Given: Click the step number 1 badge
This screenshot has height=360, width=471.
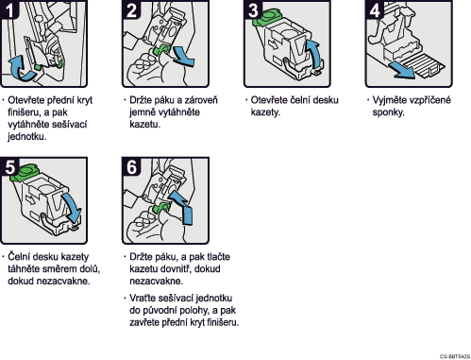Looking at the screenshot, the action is pos(8,9).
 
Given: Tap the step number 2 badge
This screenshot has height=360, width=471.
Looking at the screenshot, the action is pos(131,9).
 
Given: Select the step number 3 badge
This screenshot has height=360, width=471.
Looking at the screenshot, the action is pos(253,9).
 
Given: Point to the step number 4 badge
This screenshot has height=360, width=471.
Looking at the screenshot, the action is pos(375,9).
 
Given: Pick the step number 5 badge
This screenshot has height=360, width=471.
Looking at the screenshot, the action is pos(9,166).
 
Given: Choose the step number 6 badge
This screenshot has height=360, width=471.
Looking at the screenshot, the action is pos(131,166).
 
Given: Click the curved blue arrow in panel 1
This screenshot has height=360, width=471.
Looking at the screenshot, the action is pos(22,70).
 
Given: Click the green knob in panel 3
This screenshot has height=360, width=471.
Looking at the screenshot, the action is pos(266,17).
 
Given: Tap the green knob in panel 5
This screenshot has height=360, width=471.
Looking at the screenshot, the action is pos(25,172).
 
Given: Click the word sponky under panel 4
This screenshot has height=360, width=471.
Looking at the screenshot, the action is pos(388,112).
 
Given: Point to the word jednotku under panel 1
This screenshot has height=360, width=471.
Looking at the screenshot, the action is pos(27,137).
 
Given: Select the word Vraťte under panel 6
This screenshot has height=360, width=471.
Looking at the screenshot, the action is pos(144,298).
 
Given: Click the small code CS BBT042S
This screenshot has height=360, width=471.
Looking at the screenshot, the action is pos(455,356).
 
